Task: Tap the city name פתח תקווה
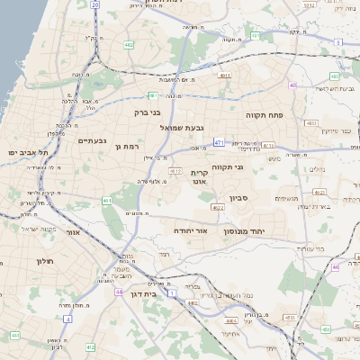click(x=265, y=116)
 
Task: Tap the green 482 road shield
click(x=130, y=43)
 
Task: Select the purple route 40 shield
click(x=293, y=85)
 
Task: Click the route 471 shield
click(x=219, y=142)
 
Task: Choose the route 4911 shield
click(x=225, y=76)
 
